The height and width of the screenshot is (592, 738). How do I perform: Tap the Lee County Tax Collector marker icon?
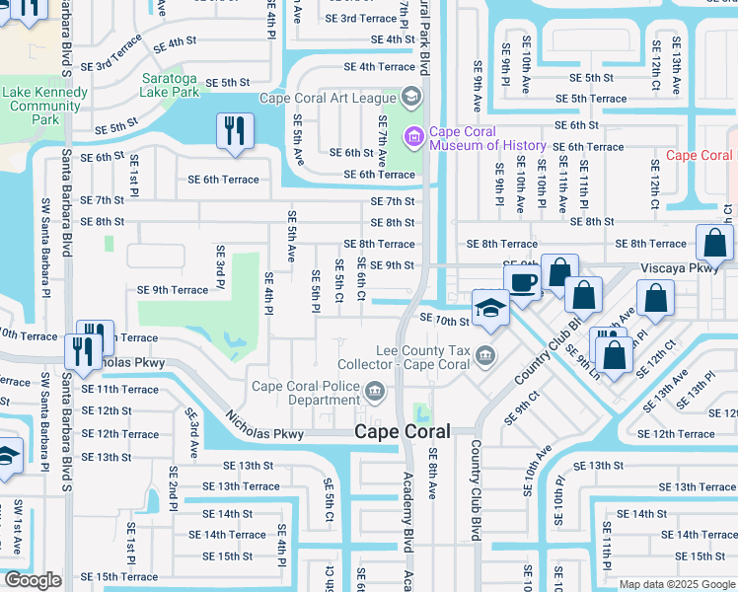click(484, 354)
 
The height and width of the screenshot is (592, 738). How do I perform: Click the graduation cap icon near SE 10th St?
click(490, 307)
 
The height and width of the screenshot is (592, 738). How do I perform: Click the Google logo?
click(32, 581)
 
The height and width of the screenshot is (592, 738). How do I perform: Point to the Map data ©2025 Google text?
click(678, 584)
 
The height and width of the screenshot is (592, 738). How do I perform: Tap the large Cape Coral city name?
click(403, 432)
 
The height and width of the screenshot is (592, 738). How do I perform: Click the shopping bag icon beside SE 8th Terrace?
click(713, 244)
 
